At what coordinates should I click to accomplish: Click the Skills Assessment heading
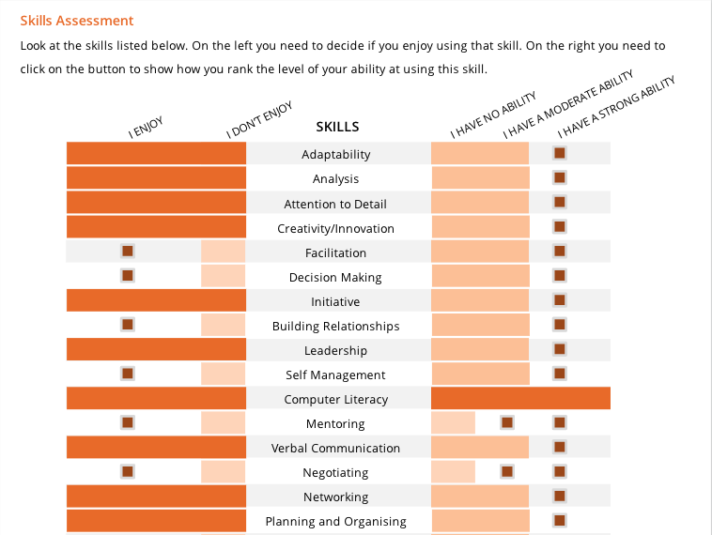pos(77,21)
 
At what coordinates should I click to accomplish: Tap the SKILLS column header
pos(337,127)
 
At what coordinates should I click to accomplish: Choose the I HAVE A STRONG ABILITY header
pos(616,103)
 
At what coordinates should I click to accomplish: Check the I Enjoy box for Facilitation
pos(127,252)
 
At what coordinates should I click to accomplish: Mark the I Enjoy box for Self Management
pos(127,374)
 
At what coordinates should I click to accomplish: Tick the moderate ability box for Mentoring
pos(507,422)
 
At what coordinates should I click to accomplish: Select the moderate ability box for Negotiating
pos(507,471)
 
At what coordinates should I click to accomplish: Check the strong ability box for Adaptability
pos(560,153)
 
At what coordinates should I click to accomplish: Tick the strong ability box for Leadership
pos(560,349)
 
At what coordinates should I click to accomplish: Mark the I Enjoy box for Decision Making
pos(127,276)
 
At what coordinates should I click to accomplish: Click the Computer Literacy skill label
pos(336,400)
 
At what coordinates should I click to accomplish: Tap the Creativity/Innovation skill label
pos(336,229)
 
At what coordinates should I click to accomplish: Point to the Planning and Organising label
pos(336,522)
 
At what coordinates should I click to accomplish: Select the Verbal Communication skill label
pos(336,449)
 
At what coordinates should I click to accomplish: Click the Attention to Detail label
pos(336,205)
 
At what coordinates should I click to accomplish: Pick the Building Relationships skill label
pos(336,327)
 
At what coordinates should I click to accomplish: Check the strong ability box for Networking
pos(560,496)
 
